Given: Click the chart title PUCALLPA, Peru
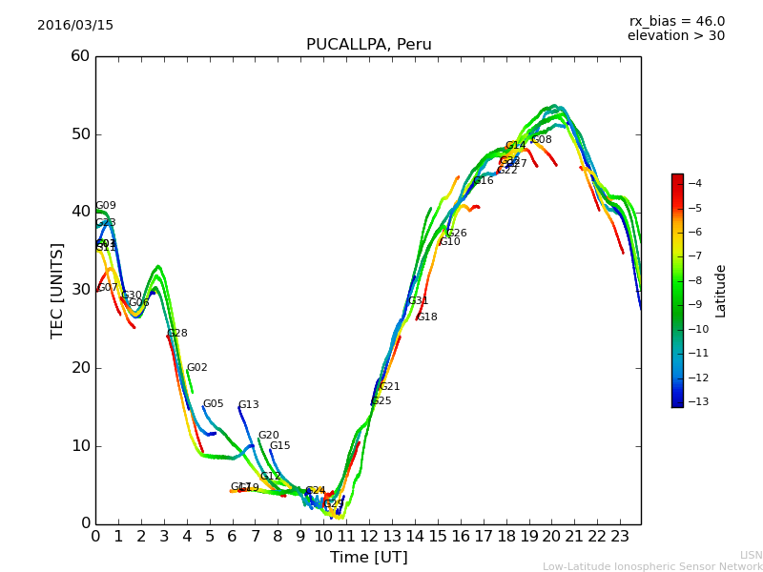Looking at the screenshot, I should point(368,45).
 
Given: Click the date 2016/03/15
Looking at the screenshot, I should point(75,26).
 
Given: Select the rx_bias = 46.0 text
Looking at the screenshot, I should point(676,21).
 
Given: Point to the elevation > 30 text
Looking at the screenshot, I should point(676,36).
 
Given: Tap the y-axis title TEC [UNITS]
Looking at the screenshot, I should point(57,290).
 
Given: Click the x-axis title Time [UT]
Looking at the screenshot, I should point(368,558).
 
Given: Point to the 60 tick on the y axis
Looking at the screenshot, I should point(80,56).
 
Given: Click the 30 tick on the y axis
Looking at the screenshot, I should point(80,290).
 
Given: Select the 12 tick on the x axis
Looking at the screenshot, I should point(368,536).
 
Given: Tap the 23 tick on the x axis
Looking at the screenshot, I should point(619,536).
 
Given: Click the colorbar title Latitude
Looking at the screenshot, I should point(721,291).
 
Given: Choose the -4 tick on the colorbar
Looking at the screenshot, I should point(695,183).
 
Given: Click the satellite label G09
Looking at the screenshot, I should point(106,206).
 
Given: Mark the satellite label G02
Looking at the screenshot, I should point(196,368).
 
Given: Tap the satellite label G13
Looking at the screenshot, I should point(248,405).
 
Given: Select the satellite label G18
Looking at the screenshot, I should point(427,317).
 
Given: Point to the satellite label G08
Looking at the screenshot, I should point(542,140).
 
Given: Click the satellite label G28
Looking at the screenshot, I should point(177,334).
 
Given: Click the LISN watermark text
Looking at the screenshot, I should point(752,555).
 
